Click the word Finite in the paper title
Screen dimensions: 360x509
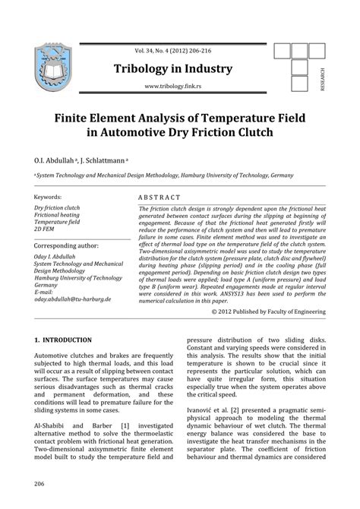[74, 119]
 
